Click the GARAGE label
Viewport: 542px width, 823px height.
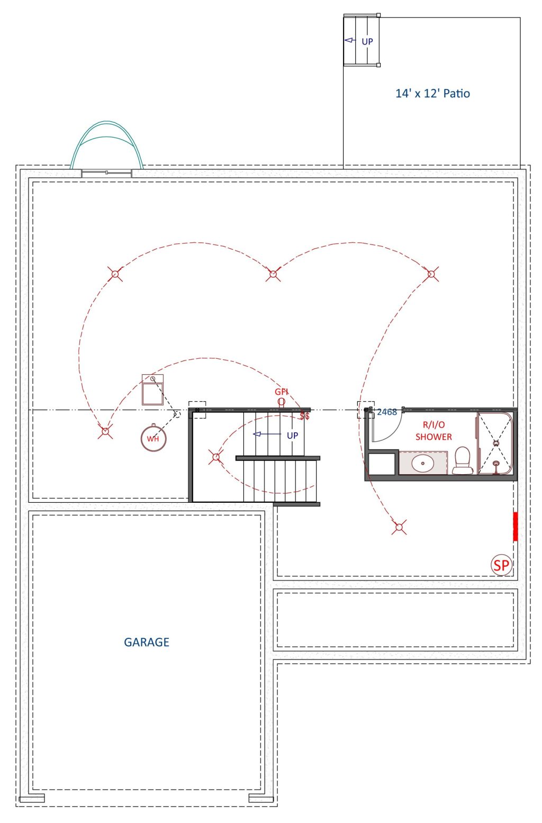pos(146,642)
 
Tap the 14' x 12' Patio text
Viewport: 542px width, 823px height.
pos(432,93)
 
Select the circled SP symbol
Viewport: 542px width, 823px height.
pos(502,565)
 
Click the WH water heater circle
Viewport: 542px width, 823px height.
pos(153,438)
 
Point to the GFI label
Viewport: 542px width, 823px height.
pos(281,392)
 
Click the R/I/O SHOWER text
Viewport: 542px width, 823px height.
pos(433,431)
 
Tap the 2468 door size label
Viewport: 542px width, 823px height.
pos(387,412)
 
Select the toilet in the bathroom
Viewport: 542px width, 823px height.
pos(462,460)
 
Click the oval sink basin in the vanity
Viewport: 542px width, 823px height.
pos(423,463)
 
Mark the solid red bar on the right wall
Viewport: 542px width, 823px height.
pos(516,527)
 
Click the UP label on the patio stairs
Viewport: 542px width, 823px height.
pos(367,41)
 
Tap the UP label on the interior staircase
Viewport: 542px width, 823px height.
pos(292,436)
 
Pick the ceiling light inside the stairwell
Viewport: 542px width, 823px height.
pos(216,457)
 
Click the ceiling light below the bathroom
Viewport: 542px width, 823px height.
pos(400,527)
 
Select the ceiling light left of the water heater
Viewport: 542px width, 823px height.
pos(105,431)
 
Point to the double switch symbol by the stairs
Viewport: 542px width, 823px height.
pos(305,416)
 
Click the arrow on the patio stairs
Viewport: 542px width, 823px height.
pos(350,40)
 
